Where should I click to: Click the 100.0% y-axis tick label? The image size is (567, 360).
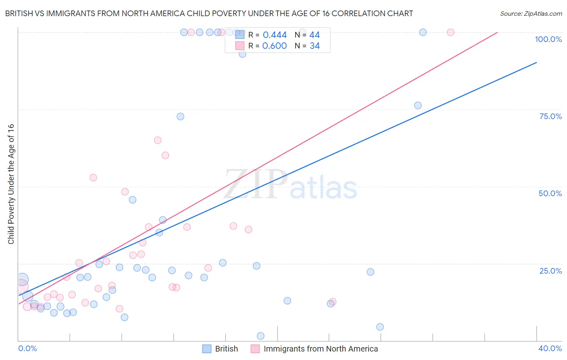click(548, 39)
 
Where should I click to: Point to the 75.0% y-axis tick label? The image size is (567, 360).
click(550, 116)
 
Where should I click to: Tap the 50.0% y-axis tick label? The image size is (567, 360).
click(550, 193)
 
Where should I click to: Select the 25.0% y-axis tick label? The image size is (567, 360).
click(550, 271)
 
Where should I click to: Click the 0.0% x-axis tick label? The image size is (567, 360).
click(27, 348)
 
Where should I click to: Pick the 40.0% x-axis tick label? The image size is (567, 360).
click(550, 348)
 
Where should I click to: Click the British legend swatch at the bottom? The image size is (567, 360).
click(207, 349)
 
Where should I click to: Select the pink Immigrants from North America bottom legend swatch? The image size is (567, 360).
click(255, 349)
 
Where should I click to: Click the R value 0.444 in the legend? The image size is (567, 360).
click(274, 35)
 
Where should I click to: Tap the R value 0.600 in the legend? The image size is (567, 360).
click(274, 46)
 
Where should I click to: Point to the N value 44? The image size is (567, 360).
click(315, 35)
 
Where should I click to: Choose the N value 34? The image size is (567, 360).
click(315, 46)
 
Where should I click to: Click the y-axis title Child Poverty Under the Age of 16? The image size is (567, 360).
click(11, 184)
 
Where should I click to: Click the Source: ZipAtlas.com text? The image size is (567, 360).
click(531, 14)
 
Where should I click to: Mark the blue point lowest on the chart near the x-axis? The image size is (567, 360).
click(261, 336)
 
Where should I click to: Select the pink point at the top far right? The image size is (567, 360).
click(450, 32)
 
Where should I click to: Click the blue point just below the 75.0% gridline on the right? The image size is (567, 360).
click(418, 105)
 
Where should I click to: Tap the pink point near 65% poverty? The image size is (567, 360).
click(158, 140)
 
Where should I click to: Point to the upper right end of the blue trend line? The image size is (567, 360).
click(536, 63)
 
